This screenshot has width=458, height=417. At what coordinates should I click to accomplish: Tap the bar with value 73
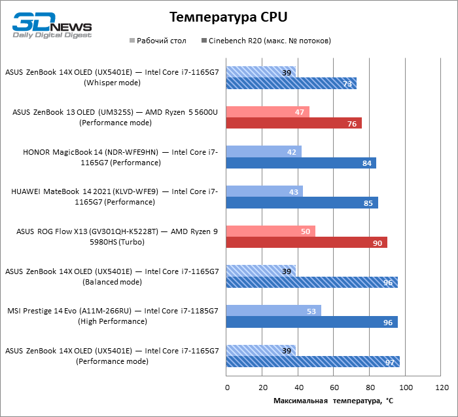point(291,83)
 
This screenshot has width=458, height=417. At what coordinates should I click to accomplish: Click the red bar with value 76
point(294,123)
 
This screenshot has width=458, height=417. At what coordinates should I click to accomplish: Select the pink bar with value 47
point(268,112)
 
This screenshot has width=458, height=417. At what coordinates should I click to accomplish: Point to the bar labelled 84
point(301,163)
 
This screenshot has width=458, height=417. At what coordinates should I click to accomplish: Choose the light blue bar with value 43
point(264,191)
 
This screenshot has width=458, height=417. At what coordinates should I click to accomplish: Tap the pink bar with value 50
point(271,231)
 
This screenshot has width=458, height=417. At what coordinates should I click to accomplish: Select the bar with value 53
point(273,311)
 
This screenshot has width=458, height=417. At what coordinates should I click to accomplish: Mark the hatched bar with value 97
point(313,362)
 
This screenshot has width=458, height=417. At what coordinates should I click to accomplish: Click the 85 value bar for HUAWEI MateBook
point(302,203)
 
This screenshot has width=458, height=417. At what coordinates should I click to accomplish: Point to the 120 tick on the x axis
point(441,388)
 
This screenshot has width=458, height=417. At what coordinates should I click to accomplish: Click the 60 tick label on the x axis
point(334,388)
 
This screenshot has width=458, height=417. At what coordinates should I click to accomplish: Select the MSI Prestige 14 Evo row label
point(113,316)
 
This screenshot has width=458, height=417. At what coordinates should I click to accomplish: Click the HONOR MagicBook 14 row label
point(120,157)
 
